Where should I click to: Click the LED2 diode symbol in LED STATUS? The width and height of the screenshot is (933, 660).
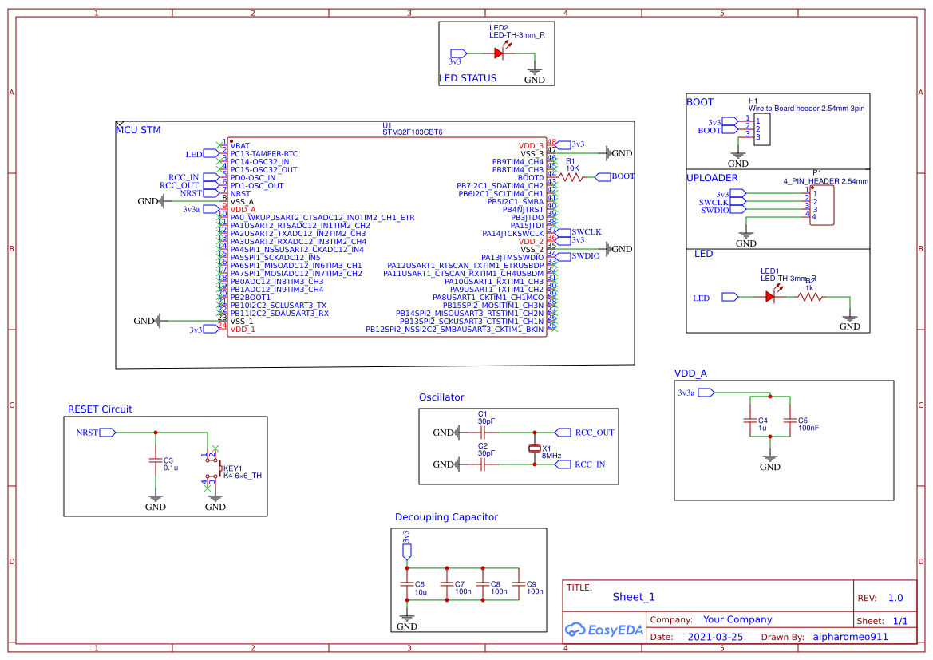(x=500, y=53)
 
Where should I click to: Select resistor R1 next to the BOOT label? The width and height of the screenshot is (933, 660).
(x=572, y=177)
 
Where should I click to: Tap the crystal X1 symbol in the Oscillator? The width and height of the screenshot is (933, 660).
(x=535, y=449)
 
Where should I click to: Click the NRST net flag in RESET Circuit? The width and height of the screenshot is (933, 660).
(x=107, y=433)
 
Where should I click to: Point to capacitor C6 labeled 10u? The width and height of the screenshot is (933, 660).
(x=407, y=586)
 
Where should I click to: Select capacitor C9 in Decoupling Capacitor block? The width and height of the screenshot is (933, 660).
(x=519, y=586)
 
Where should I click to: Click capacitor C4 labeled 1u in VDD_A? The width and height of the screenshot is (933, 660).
(x=749, y=420)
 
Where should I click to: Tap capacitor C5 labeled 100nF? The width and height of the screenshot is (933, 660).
(x=790, y=420)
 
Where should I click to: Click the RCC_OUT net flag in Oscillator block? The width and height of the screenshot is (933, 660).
(x=563, y=433)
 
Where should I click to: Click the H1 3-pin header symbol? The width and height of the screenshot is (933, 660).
(x=758, y=128)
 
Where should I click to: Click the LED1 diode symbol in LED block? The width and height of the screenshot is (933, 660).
(x=770, y=297)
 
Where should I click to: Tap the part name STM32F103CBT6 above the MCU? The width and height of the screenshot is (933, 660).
(x=412, y=132)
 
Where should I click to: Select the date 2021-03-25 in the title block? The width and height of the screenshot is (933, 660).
(x=714, y=638)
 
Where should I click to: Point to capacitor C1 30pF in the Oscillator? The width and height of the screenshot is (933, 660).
(x=483, y=433)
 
